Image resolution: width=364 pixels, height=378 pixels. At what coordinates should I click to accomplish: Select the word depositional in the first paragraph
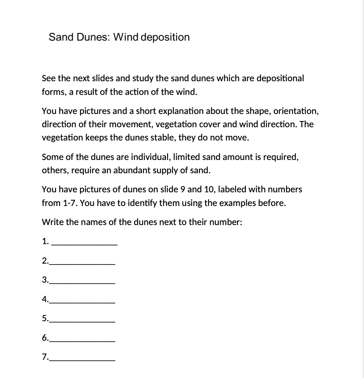280,78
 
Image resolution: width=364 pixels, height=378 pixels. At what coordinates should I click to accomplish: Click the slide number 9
182,189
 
